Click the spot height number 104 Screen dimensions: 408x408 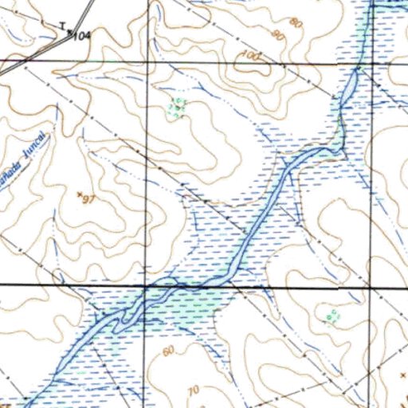tap(82, 37)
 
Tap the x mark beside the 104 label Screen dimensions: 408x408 tap(71, 33)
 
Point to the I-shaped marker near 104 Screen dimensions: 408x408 tap(62, 25)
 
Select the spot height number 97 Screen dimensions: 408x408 tap(88, 198)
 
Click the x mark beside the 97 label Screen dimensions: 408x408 tap(78, 194)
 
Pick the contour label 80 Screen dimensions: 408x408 tap(296, 23)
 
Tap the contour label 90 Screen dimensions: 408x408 tap(277, 36)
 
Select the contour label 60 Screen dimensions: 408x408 tap(167, 351)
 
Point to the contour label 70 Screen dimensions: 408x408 tap(192, 390)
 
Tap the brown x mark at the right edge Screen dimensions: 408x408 tap(402, 372)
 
